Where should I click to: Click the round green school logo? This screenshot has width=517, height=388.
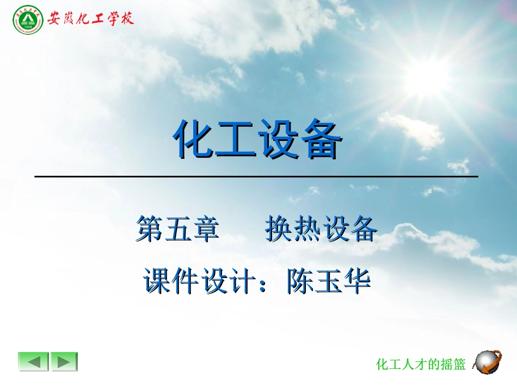27,20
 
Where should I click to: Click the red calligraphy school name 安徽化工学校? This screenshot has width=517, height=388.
90,19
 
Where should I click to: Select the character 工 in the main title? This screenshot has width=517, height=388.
236,139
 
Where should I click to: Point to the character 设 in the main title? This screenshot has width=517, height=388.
279,139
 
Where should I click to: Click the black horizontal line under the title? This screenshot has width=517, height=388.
256,176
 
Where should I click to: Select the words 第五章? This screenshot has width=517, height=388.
178,229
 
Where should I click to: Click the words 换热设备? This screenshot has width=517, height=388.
321,229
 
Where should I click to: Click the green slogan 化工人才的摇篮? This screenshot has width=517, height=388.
421,364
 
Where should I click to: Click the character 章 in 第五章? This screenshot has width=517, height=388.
206,229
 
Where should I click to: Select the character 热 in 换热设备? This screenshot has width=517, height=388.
306,229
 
